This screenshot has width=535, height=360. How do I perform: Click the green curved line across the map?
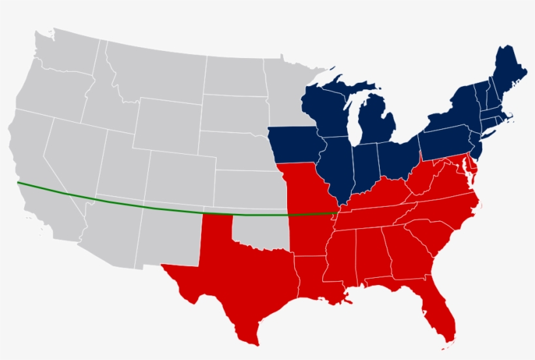click(130, 205)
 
